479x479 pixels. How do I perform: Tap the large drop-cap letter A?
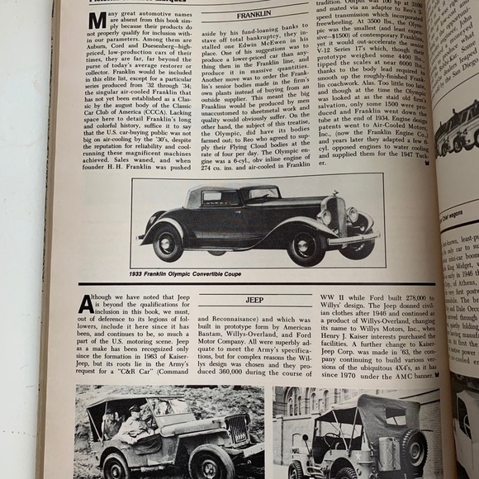tap(86, 305)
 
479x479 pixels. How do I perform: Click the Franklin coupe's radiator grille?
tap(337, 216)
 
